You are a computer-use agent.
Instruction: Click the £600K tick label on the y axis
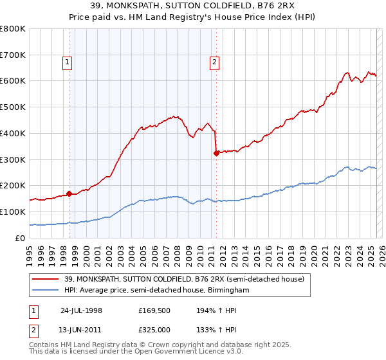tap(13, 81)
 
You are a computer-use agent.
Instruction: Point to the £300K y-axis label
tap(13, 159)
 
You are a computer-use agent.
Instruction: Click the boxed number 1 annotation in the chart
tap(68, 62)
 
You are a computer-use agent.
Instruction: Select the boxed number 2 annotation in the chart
tap(214, 62)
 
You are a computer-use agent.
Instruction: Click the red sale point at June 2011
tap(216, 153)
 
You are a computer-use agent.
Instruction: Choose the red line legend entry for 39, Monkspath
tap(173, 279)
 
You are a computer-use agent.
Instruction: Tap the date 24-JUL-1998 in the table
tap(81, 310)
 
